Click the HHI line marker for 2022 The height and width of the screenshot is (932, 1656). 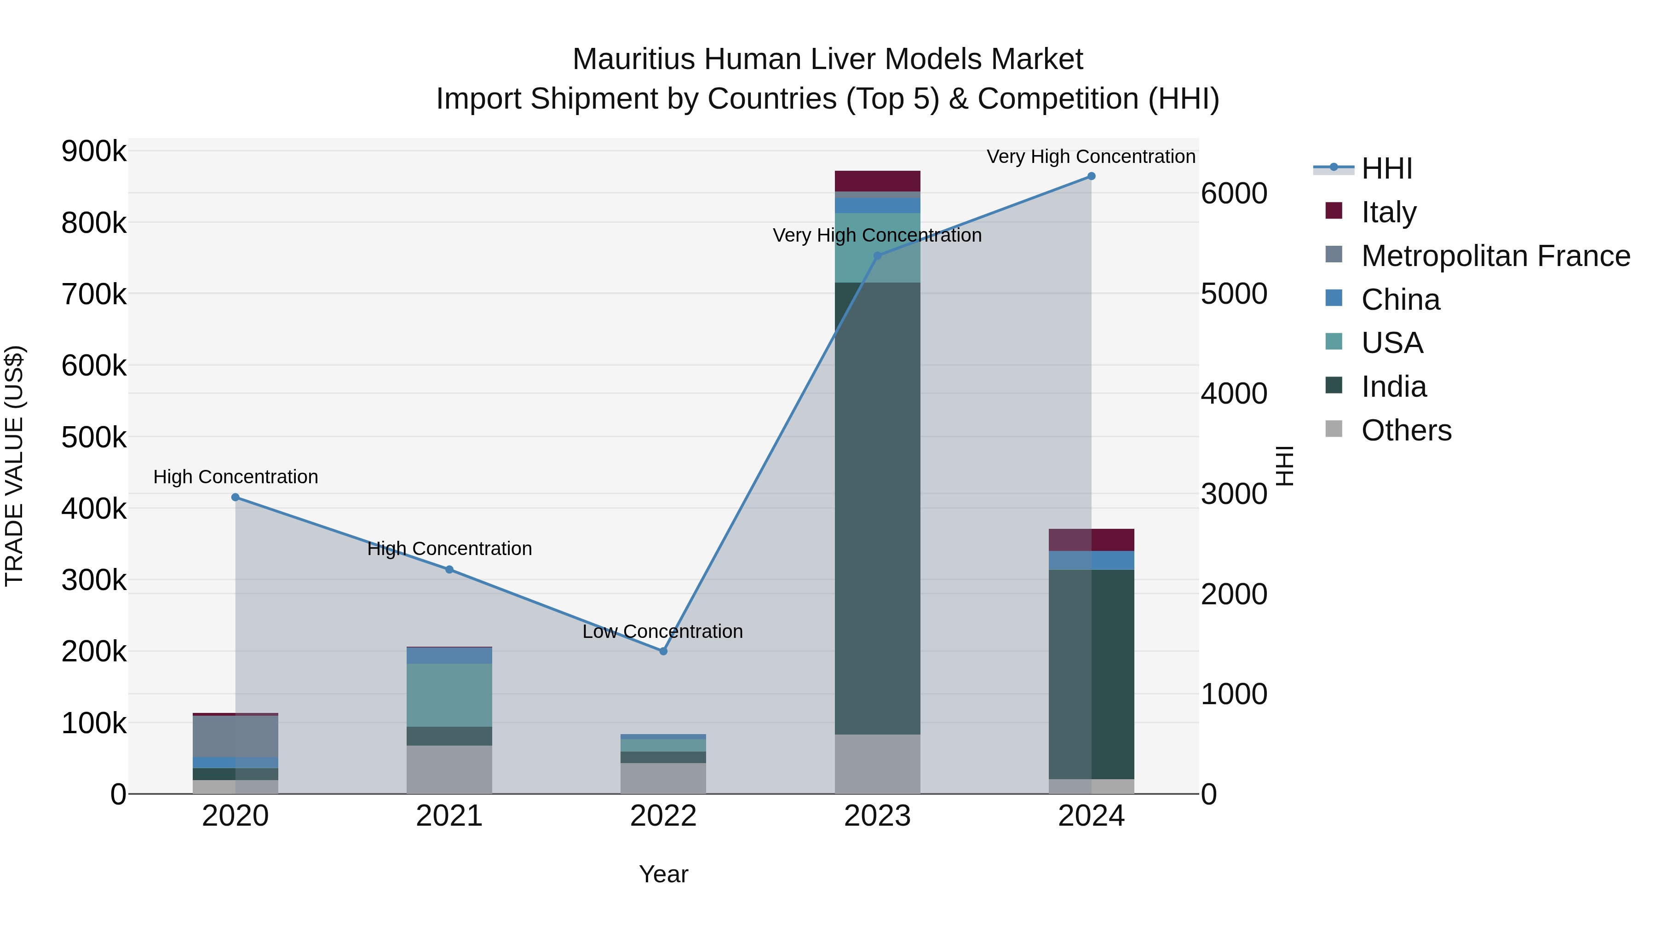pyautogui.click(x=663, y=651)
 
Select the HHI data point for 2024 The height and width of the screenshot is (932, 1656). pyautogui.click(x=1091, y=176)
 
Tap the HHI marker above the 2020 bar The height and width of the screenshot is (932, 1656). pyautogui.click(x=235, y=497)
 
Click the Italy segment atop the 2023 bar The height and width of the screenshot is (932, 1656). pyautogui.click(x=878, y=181)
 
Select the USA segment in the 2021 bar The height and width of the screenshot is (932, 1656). pyautogui.click(x=449, y=695)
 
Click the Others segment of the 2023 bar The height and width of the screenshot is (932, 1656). pyautogui.click(x=878, y=764)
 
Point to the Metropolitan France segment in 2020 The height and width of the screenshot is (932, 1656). pyautogui.click(x=235, y=736)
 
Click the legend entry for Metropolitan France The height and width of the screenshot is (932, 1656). pyautogui.click(x=1495, y=256)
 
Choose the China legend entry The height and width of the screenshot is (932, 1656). pyautogui.click(x=1400, y=300)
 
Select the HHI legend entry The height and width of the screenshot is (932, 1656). pyautogui.click(x=1386, y=168)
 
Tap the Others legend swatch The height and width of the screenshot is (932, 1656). pyautogui.click(x=1334, y=429)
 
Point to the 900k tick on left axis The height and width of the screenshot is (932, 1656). pyautogui.click(x=94, y=152)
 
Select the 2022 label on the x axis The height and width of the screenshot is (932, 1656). pyautogui.click(x=663, y=816)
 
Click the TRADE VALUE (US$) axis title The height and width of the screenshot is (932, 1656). pyautogui.click(x=14, y=466)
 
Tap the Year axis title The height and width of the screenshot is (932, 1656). pyautogui.click(x=663, y=874)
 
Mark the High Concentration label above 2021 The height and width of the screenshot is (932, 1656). pyautogui.click(x=449, y=549)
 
